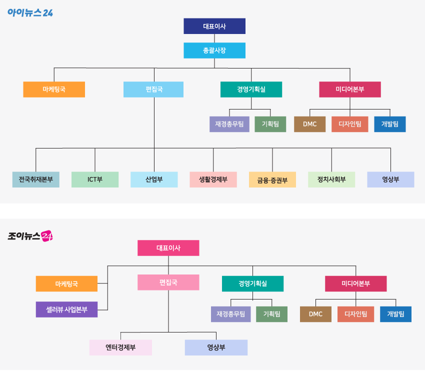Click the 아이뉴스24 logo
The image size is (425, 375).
[30, 12]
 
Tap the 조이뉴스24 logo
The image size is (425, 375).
[30, 235]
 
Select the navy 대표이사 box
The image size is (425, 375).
[214, 26]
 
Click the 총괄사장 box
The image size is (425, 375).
[214, 50]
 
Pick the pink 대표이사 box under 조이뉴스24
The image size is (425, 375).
[168, 248]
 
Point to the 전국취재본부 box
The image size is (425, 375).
[36, 179]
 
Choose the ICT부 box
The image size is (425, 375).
[95, 179]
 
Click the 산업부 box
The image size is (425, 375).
[154, 179]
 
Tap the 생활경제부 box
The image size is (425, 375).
[213, 179]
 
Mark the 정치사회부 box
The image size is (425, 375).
[331, 179]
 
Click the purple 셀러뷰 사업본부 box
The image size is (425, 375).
[66, 309]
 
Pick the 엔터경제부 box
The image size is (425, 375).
[120, 347]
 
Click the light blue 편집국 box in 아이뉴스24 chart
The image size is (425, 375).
[154, 89]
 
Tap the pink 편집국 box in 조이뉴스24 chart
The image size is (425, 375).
[168, 282]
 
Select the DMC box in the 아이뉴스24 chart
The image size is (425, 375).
[309, 124]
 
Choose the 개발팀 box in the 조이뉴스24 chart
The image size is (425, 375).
[395, 314]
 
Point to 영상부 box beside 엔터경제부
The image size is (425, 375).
[216, 347]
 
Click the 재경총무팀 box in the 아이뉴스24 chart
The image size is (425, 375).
[229, 124]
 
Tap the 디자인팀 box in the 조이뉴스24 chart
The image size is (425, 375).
[355, 314]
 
